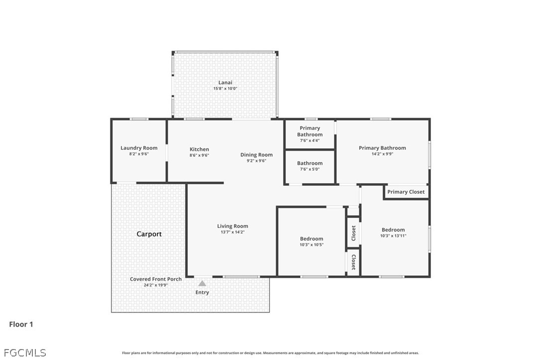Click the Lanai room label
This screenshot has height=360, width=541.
coord(225,83)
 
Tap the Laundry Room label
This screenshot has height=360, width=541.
coord(139,148)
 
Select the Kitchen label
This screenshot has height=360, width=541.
coord(199,149)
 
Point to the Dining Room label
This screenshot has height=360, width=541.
coord(257,155)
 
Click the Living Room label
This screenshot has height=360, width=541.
coord(233,226)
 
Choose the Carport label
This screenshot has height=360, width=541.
coord(149,234)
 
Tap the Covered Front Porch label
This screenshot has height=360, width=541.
coord(155,279)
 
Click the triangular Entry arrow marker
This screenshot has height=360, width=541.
coord(202,283)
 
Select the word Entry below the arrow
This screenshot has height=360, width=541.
coord(202,292)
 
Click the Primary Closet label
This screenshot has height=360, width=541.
coord(406,192)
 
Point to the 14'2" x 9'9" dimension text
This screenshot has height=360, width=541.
coord(382,154)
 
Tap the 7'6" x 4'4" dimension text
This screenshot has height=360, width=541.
coord(310,140)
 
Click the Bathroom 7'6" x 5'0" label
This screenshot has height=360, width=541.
coord(310,166)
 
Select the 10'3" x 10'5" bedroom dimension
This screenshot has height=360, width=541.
coord(311,245)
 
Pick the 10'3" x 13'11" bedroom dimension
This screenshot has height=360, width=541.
coord(394,236)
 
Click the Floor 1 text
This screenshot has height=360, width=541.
coord(21,324)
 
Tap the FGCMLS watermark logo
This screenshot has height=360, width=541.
coord(25,353)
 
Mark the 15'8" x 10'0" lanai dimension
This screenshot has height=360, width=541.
coord(225,88)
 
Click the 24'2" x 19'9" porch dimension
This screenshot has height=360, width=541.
coord(155,285)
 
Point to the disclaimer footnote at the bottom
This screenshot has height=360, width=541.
coord(270,353)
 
